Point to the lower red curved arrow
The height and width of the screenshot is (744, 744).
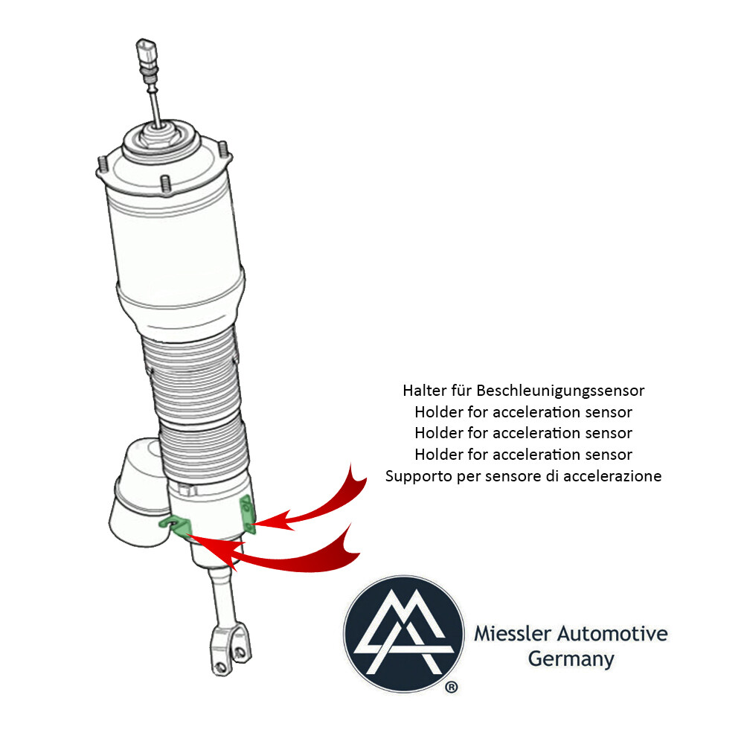298,554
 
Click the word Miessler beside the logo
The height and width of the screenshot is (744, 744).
507,635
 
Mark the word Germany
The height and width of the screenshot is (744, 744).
571,658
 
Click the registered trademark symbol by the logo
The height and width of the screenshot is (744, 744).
452,688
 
